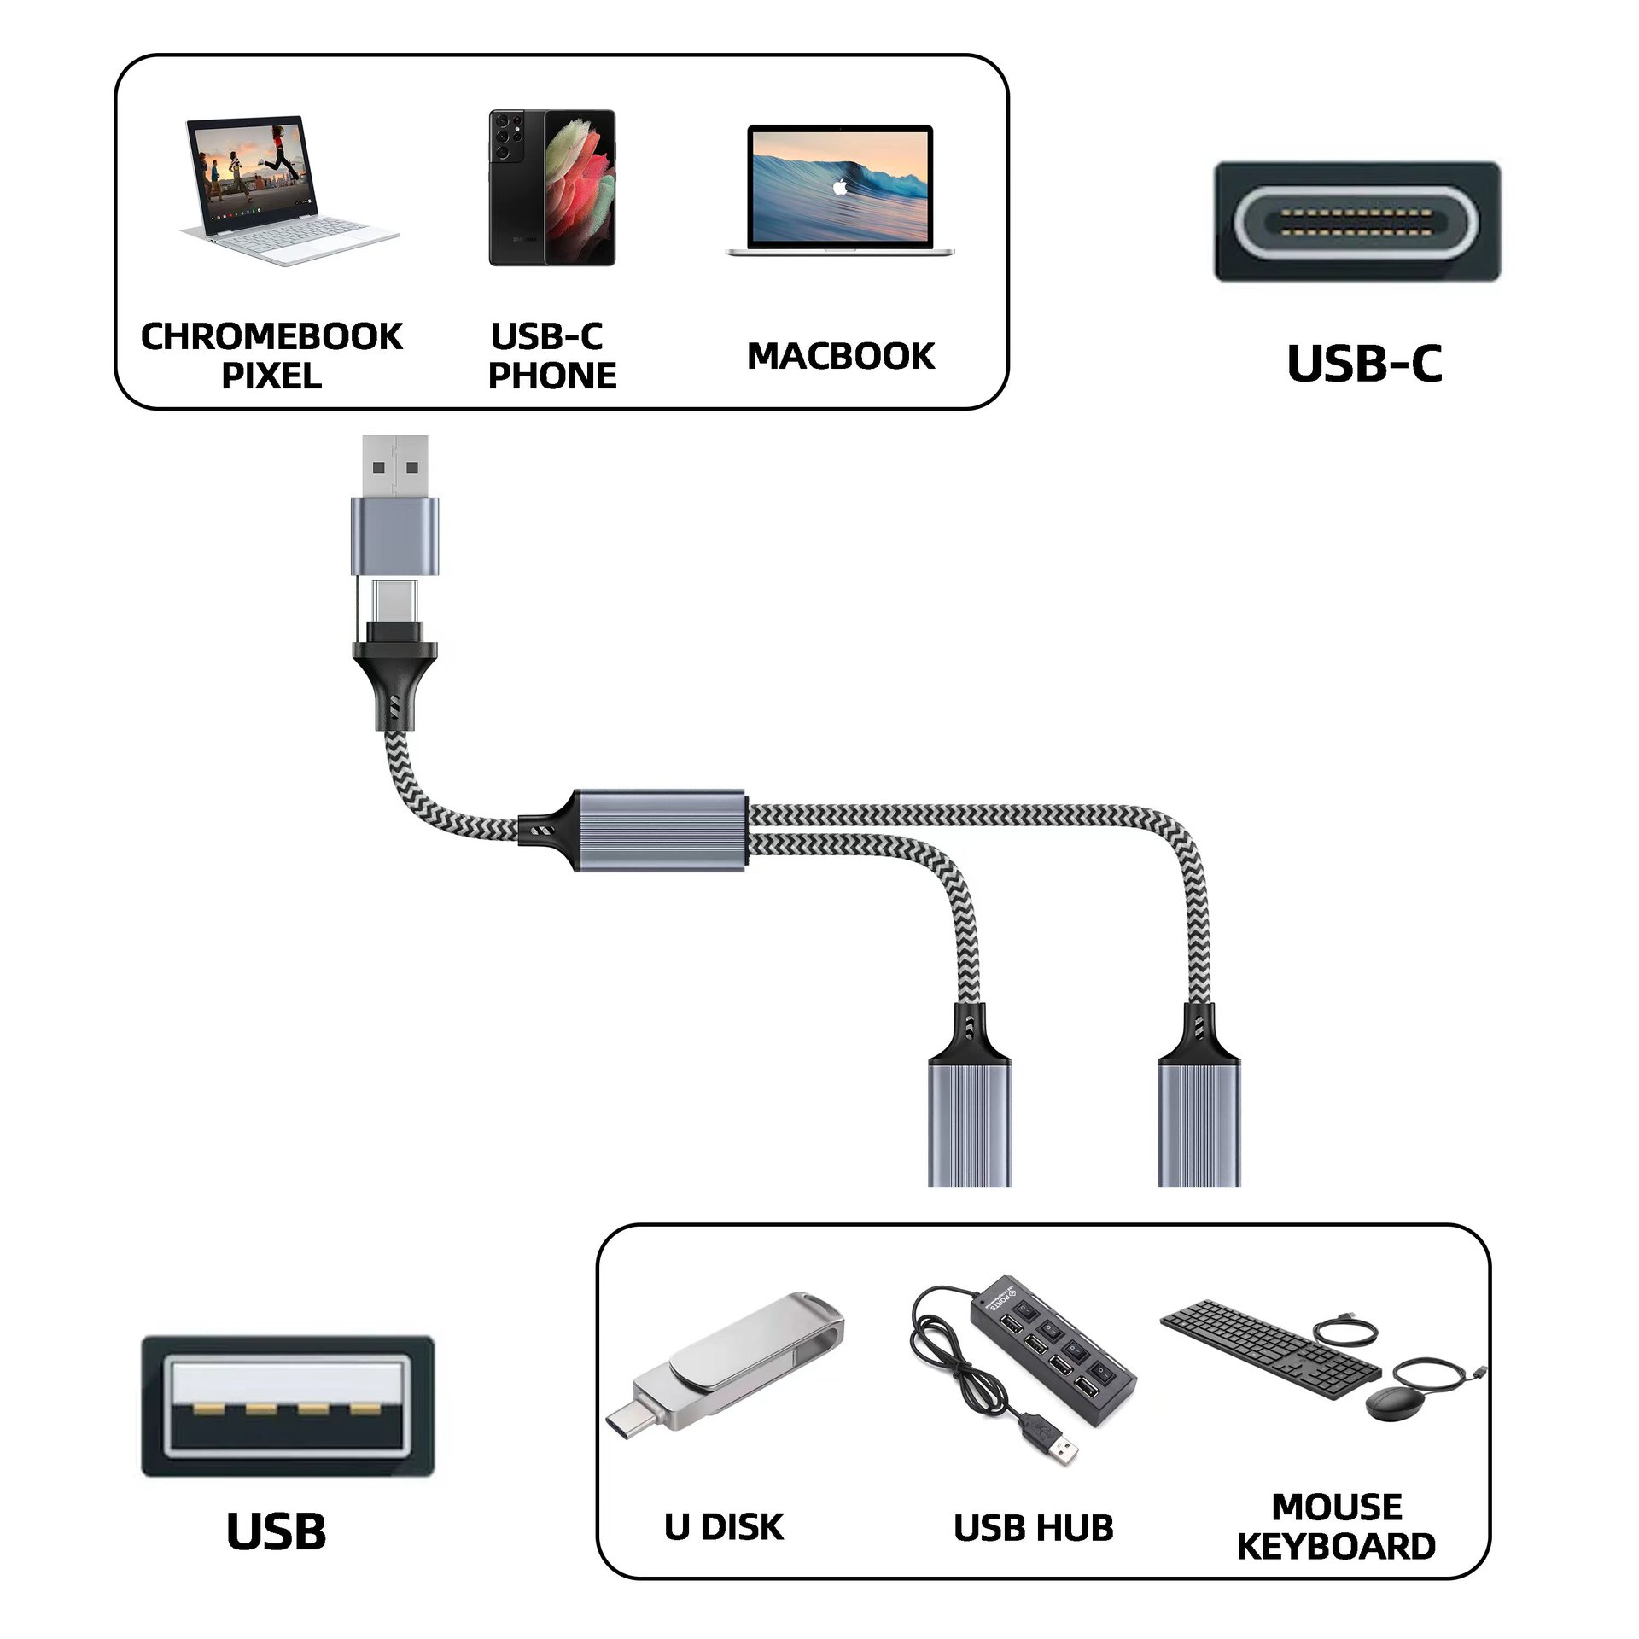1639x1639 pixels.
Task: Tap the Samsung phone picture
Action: click(551, 188)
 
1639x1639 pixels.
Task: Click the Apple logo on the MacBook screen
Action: click(840, 186)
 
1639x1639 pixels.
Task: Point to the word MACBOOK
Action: click(841, 356)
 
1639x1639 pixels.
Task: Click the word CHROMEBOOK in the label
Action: click(271, 336)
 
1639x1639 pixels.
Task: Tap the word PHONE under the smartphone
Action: click(552, 376)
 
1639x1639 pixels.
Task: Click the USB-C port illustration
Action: click(1357, 222)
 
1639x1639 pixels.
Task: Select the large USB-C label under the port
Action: click(1364, 364)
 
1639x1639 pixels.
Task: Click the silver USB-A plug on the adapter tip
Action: click(395, 465)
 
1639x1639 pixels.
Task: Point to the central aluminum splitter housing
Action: click(660, 830)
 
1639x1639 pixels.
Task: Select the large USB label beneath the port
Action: click(276, 1531)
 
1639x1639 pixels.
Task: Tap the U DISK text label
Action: click(723, 1527)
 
